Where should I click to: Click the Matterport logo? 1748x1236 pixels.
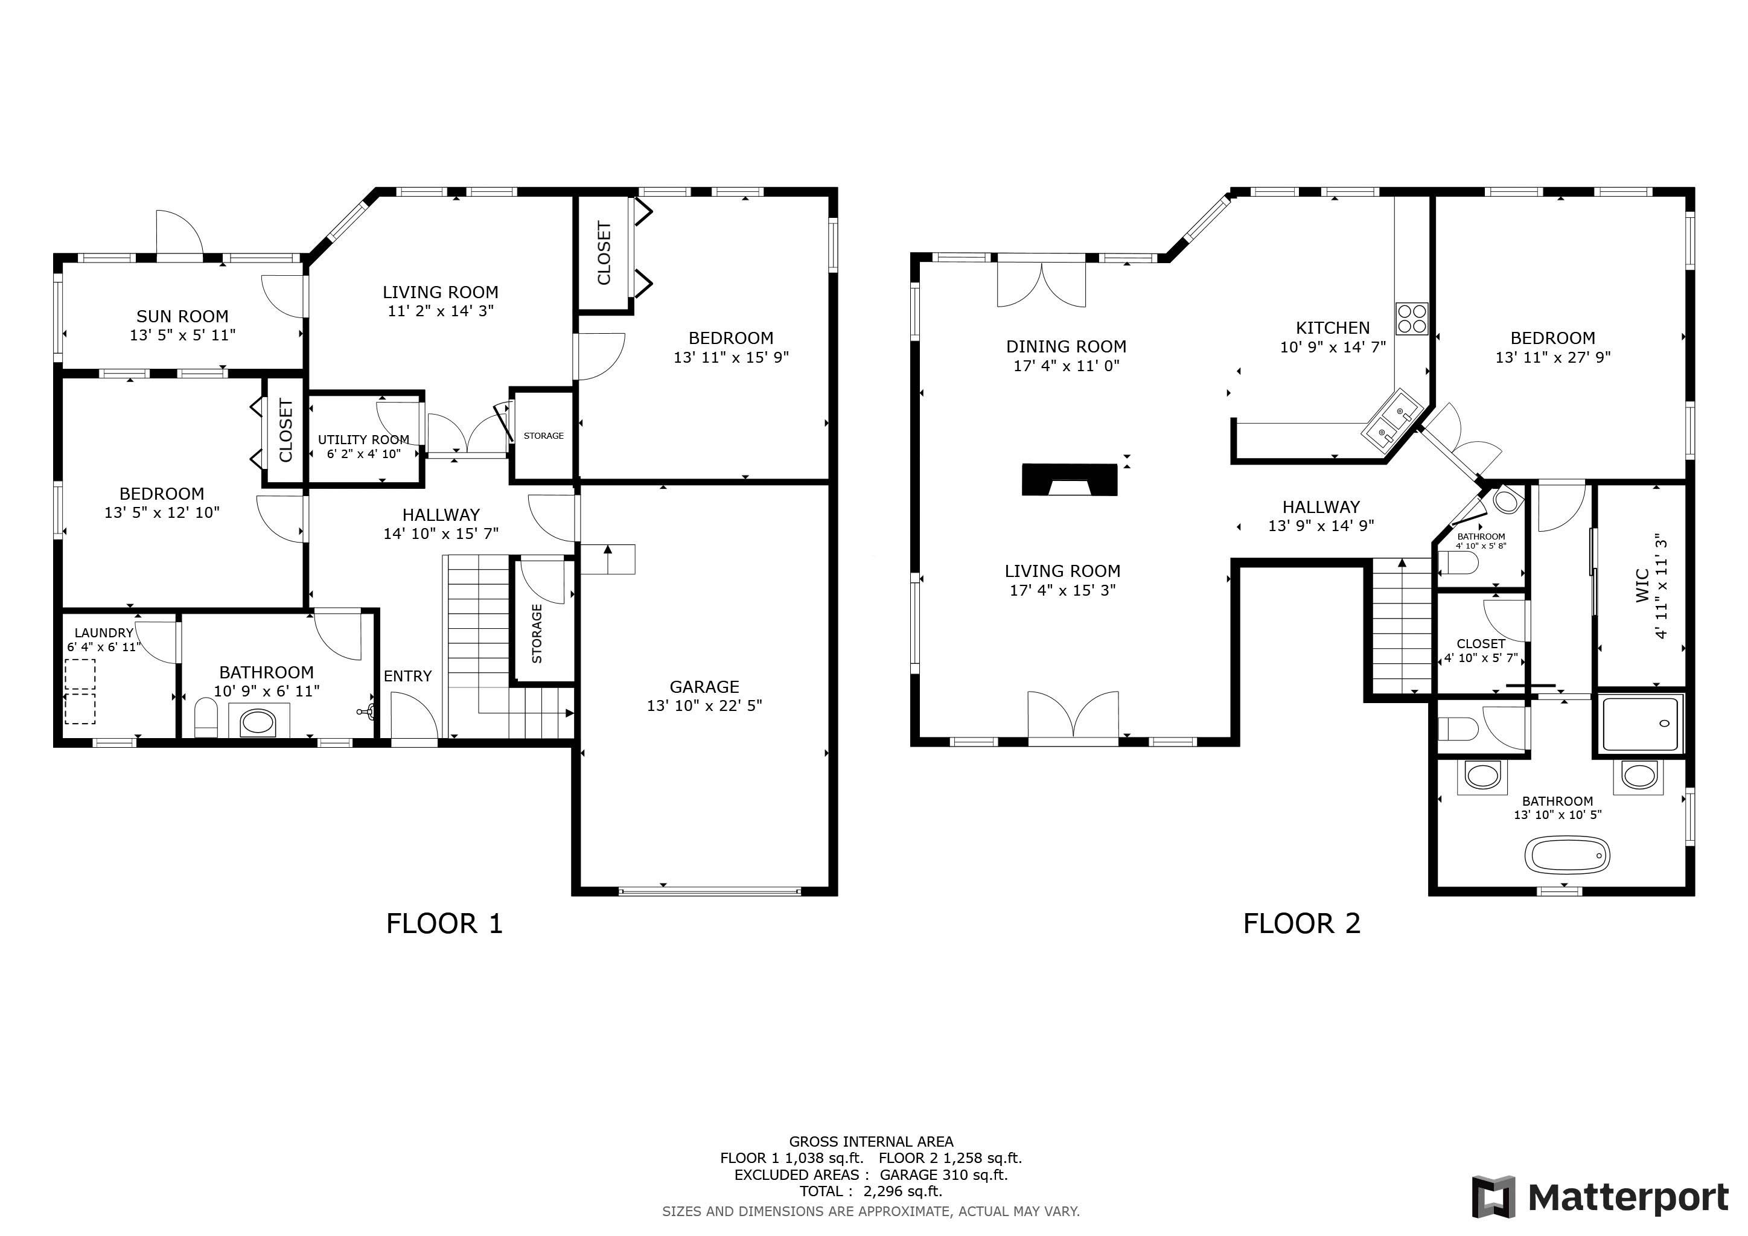click(x=1599, y=1197)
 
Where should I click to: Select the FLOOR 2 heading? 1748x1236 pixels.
click(x=1301, y=923)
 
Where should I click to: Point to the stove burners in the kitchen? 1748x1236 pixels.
click(x=1411, y=318)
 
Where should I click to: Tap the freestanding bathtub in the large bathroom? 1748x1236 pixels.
click(x=1567, y=855)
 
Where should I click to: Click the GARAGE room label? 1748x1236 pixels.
click(x=704, y=686)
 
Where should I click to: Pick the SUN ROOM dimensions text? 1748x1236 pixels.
click(x=183, y=335)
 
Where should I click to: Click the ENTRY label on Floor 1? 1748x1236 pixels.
click(x=407, y=676)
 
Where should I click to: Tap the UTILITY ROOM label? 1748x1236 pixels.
click(x=363, y=439)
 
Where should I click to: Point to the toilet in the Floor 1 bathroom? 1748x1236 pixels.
click(x=206, y=718)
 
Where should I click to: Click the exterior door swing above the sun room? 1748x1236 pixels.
click(x=179, y=234)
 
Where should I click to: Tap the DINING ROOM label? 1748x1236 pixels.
click(x=1066, y=346)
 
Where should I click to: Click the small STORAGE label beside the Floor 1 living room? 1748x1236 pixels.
click(x=544, y=435)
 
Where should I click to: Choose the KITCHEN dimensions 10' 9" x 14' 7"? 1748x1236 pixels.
click(x=1332, y=347)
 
